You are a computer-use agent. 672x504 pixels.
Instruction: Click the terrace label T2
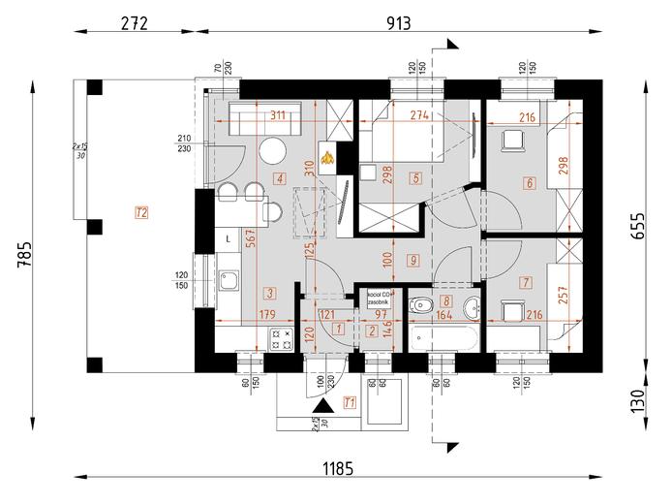(141, 211)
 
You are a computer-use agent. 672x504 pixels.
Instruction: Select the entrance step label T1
(350, 402)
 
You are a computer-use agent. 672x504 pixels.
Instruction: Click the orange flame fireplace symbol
(328, 156)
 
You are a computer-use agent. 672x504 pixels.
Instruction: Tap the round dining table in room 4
(272, 152)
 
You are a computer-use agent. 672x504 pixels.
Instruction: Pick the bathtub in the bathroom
(443, 340)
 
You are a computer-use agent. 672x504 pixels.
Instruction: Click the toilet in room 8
(421, 307)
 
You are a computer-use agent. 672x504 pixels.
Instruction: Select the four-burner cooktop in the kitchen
(282, 339)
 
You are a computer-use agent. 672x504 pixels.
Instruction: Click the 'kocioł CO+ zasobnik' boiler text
(380, 298)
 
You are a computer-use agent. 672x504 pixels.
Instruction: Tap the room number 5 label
(414, 178)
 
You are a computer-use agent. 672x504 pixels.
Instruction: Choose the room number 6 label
(530, 181)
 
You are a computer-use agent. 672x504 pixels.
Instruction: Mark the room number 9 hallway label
(412, 260)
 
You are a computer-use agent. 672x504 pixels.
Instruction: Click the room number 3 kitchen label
(269, 292)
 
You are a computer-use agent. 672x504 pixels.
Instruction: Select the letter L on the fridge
(228, 237)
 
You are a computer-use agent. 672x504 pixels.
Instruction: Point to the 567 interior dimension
(250, 243)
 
